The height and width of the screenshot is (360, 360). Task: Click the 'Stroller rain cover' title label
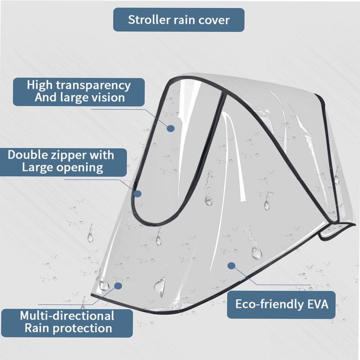(179, 20)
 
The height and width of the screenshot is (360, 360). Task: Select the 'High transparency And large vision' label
(79, 91)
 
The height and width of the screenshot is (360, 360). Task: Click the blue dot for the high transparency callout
(171, 129)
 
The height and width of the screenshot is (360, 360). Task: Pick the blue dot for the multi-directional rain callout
(118, 285)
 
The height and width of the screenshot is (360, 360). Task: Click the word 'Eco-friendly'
(266, 304)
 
